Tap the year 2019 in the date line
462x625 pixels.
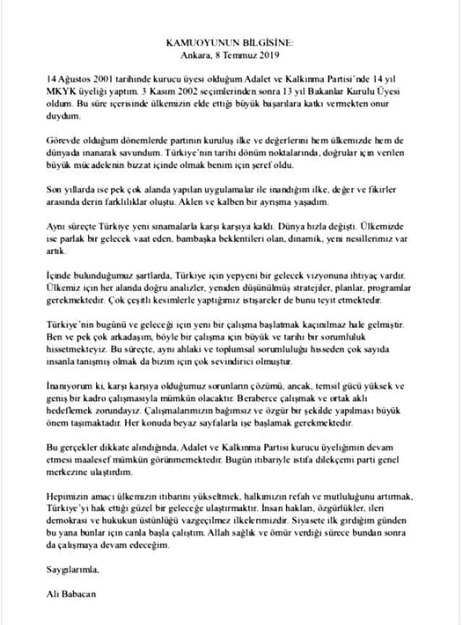(266, 54)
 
